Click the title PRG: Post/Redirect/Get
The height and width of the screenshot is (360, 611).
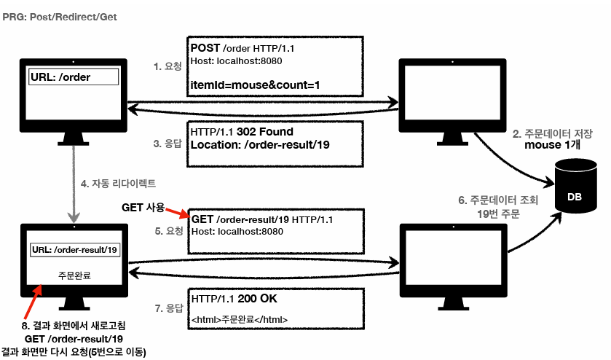coord(59,15)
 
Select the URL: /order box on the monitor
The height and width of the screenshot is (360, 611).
coord(73,77)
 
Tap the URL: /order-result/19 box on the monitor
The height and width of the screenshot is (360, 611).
coord(75,250)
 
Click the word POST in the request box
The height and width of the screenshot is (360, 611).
coord(205,47)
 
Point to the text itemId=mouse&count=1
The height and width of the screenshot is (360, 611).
coord(255,85)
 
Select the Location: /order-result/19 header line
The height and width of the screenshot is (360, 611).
coord(260,145)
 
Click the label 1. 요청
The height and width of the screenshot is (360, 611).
coord(167,66)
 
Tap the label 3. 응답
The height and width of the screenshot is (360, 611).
coord(167,144)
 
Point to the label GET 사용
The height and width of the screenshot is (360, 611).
coord(143,208)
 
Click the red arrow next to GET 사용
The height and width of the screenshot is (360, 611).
coord(178,213)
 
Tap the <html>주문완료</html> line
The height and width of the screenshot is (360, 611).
coord(240,318)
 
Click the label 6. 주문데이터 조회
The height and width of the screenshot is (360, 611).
coord(497,200)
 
